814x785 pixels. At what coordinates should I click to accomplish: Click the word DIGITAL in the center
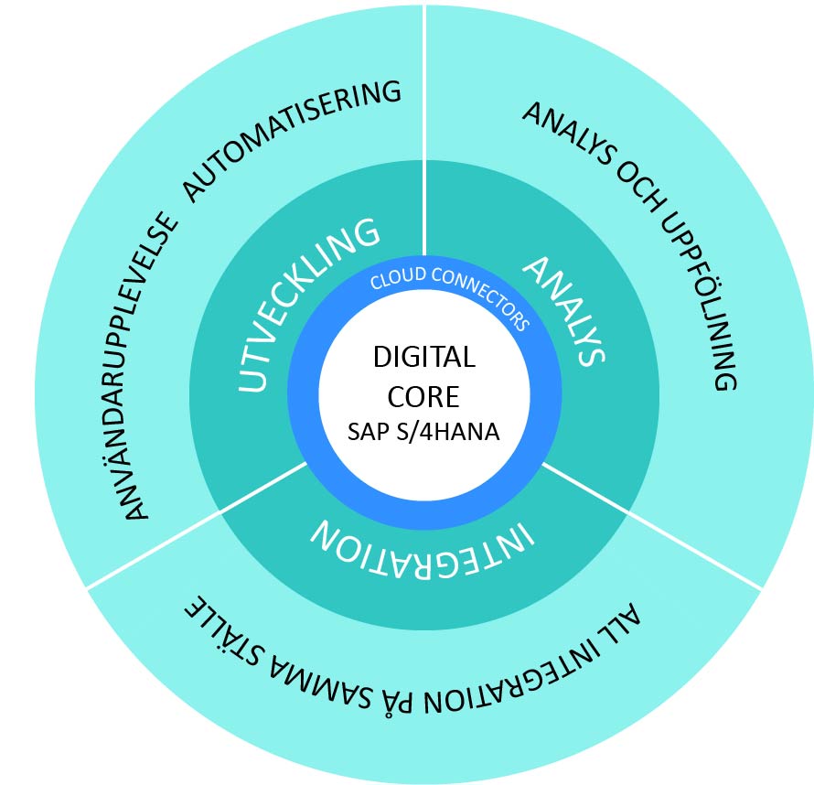pos(423,357)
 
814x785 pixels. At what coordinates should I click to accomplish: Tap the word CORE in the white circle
pos(423,397)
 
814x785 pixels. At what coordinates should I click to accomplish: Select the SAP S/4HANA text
pos(423,432)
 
